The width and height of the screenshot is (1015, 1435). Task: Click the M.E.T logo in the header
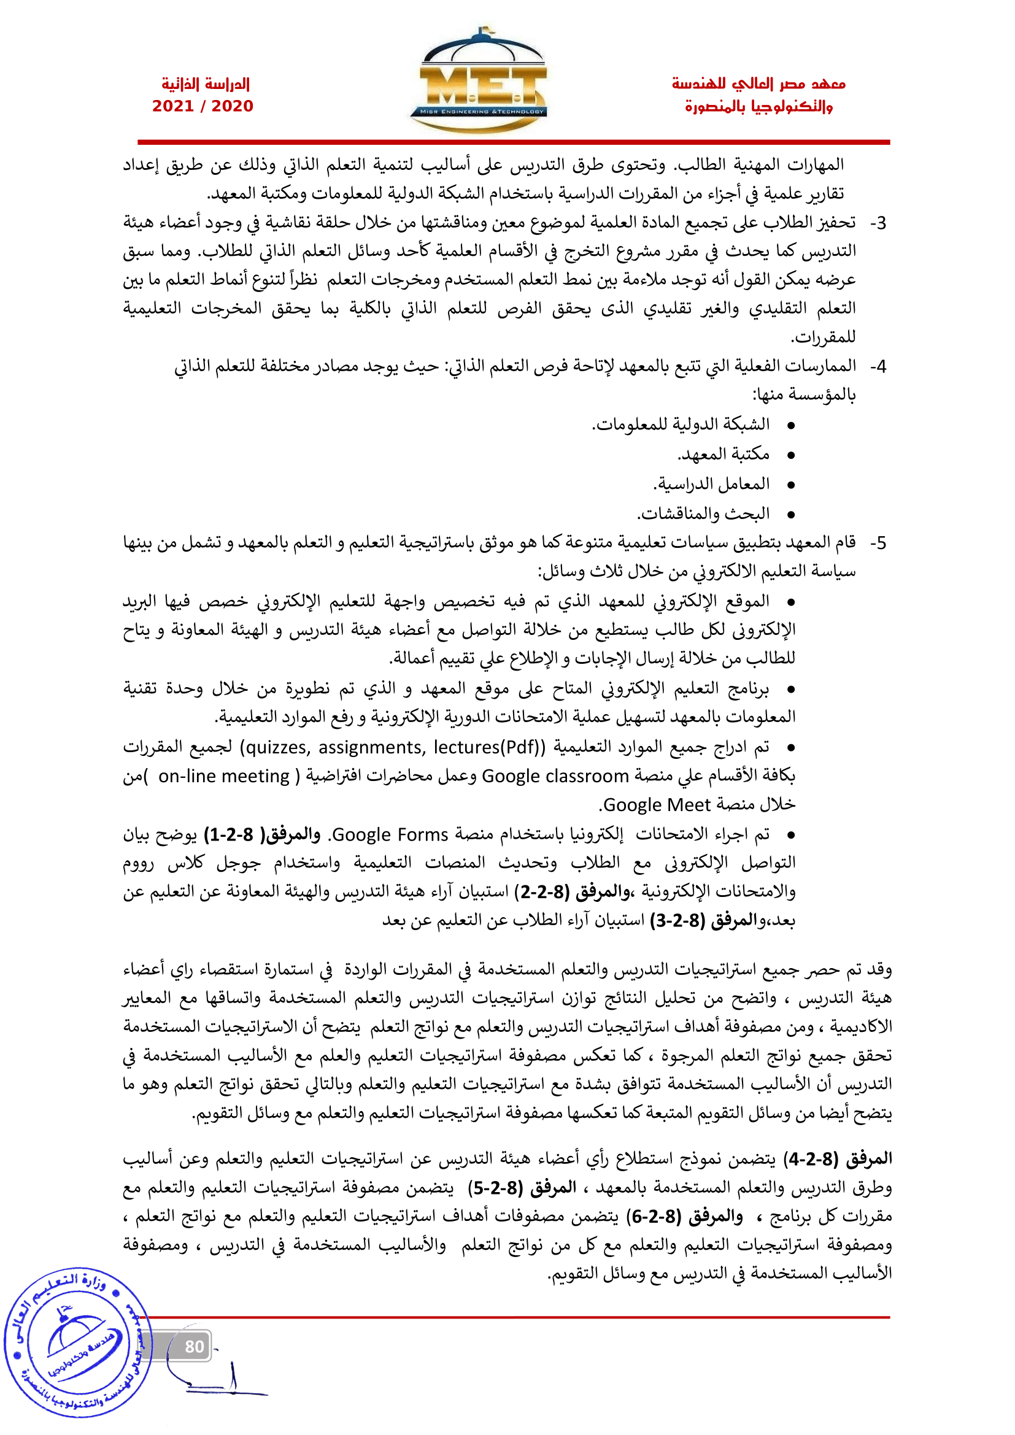(479, 81)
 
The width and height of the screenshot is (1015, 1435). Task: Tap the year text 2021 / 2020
(203, 106)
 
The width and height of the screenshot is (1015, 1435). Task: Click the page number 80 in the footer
(195, 1345)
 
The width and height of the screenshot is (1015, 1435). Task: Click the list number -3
(878, 223)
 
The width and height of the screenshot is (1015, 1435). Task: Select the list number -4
(878, 367)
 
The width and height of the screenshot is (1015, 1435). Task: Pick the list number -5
(878, 543)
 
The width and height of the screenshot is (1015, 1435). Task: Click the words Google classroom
(555, 776)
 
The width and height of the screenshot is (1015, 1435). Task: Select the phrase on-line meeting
(224, 776)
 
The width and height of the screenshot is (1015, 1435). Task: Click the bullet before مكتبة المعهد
(790, 455)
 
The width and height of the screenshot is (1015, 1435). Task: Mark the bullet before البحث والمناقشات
(790, 515)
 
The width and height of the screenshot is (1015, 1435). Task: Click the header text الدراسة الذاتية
(206, 84)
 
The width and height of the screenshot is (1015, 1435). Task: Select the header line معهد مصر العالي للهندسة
(758, 84)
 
